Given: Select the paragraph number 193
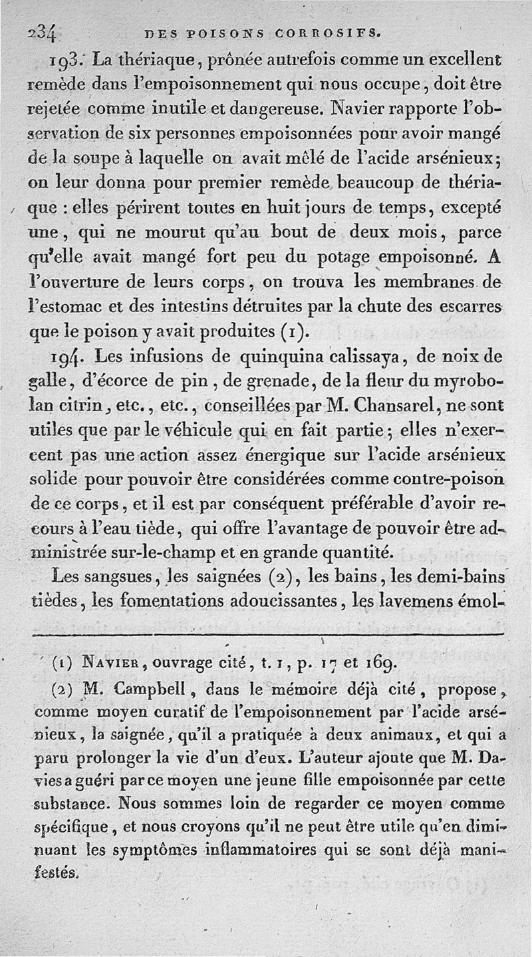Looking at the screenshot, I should [69, 61].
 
